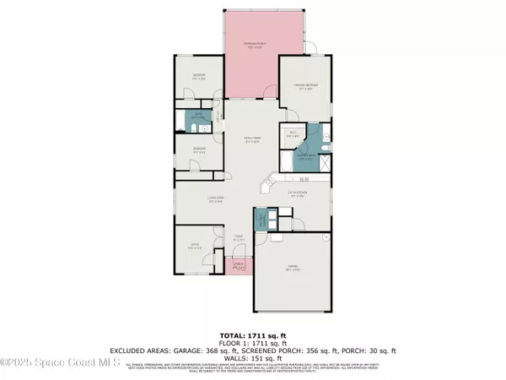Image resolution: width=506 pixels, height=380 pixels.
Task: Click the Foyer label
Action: pyautogui.click(x=239, y=238)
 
